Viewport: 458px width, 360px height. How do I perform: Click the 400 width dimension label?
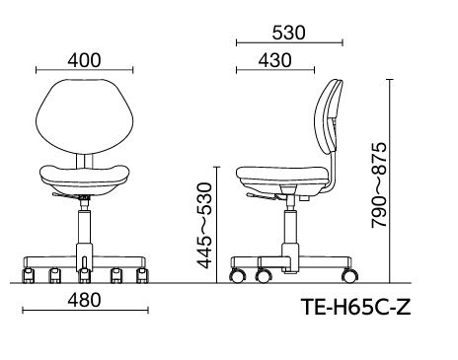pyautogui.click(x=84, y=60)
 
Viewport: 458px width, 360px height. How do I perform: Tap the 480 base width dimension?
pyautogui.click(x=84, y=301)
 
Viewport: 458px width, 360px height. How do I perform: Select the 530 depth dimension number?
pyautogui.click(x=288, y=33)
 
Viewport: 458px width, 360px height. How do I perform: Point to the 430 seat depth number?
pyautogui.click(x=274, y=60)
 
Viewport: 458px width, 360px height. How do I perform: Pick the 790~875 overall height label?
pyautogui.click(x=379, y=185)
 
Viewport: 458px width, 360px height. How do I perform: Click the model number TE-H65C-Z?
pyautogui.click(x=356, y=307)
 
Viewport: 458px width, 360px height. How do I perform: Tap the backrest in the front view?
pyautogui.click(x=85, y=116)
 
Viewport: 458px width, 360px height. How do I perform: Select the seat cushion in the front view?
pyautogui.click(x=85, y=180)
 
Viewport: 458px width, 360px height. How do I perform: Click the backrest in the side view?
pyautogui.click(x=328, y=117)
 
